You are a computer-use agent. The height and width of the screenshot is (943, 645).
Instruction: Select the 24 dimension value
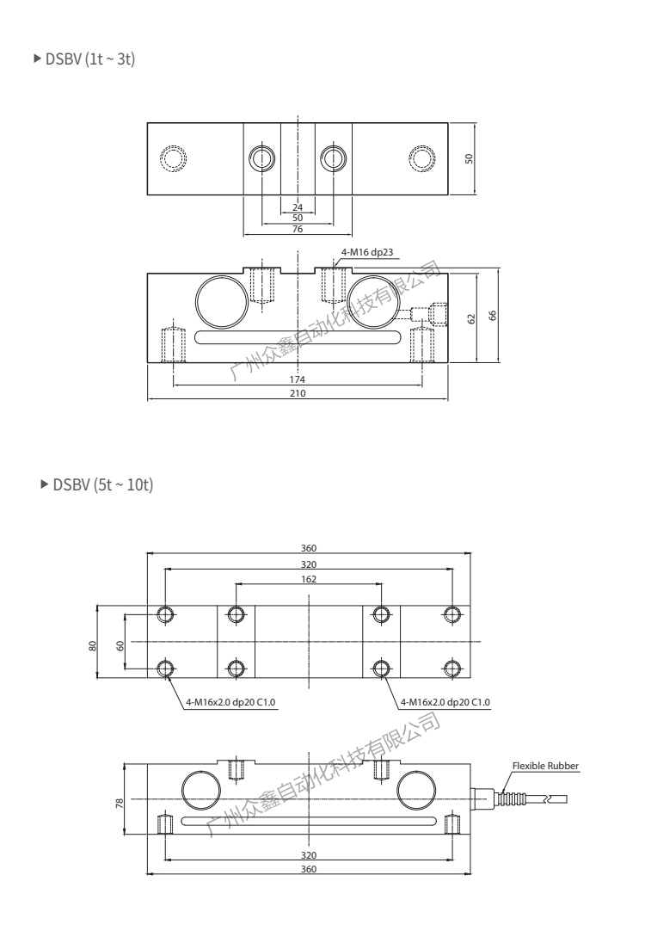pyautogui.click(x=298, y=207)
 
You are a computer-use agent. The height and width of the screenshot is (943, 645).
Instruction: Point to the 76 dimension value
pyautogui.click(x=298, y=229)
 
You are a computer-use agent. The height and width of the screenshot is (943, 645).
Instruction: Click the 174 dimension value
pyautogui.click(x=298, y=379)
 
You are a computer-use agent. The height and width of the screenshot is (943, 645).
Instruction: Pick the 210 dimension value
pyautogui.click(x=298, y=392)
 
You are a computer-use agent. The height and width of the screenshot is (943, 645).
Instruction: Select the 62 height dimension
pyautogui.click(x=471, y=318)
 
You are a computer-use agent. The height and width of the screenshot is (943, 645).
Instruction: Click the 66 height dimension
pyautogui.click(x=493, y=315)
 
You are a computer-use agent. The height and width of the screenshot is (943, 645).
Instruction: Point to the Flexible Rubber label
pyautogui.click(x=546, y=765)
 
